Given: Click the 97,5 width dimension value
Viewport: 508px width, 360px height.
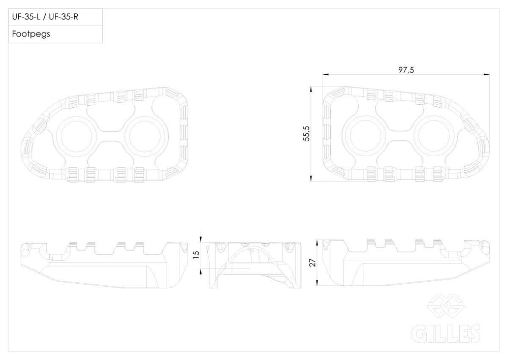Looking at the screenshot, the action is (x=406, y=70).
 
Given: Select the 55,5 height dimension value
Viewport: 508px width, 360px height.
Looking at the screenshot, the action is (x=306, y=133).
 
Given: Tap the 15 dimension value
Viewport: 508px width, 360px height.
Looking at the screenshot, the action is (x=196, y=255).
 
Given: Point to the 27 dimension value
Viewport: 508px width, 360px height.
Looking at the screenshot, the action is (x=312, y=262).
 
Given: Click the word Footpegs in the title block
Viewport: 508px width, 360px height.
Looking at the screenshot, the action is (x=31, y=34).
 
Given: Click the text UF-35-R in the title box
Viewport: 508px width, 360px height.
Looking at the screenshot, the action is (x=63, y=17).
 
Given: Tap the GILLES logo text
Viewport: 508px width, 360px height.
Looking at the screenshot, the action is (x=446, y=334).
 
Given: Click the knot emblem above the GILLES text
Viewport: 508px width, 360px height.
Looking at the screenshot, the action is (x=446, y=305).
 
